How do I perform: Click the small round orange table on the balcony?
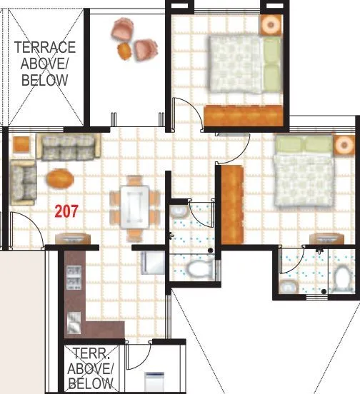[124, 50]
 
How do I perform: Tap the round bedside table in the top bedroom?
[271, 24]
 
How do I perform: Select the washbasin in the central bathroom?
[177, 213]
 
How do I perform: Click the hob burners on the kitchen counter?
[73, 278]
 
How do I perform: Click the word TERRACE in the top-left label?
[46, 48]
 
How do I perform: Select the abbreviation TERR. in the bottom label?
[91, 354]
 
